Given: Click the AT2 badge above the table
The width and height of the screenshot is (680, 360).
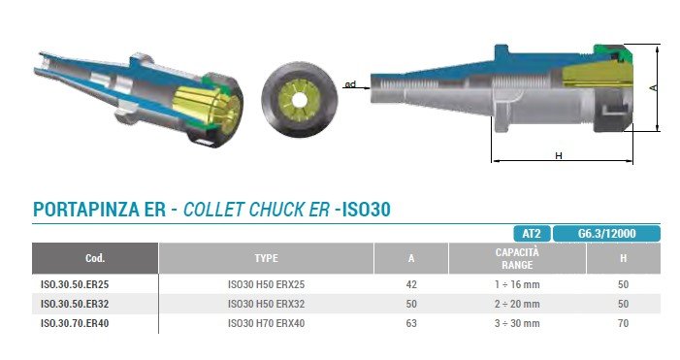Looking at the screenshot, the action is click(x=532, y=234).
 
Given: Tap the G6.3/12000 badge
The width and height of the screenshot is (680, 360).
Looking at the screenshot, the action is click(x=606, y=234).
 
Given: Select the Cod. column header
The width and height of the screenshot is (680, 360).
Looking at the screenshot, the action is click(x=95, y=258).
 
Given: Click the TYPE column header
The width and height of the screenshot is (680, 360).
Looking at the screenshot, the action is click(x=266, y=258).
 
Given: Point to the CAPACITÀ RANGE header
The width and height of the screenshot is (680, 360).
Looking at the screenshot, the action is click(x=517, y=258).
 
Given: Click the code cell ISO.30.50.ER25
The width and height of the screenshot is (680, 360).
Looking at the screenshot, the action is click(x=75, y=284).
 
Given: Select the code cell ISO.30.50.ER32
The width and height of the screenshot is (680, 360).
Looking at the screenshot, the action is click(x=75, y=304).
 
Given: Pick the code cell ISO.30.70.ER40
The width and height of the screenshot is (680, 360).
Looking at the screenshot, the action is click(x=75, y=323).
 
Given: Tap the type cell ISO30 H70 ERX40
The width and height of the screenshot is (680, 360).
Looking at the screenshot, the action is click(x=266, y=323).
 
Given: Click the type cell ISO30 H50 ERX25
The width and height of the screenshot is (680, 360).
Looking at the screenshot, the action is click(x=266, y=284).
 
